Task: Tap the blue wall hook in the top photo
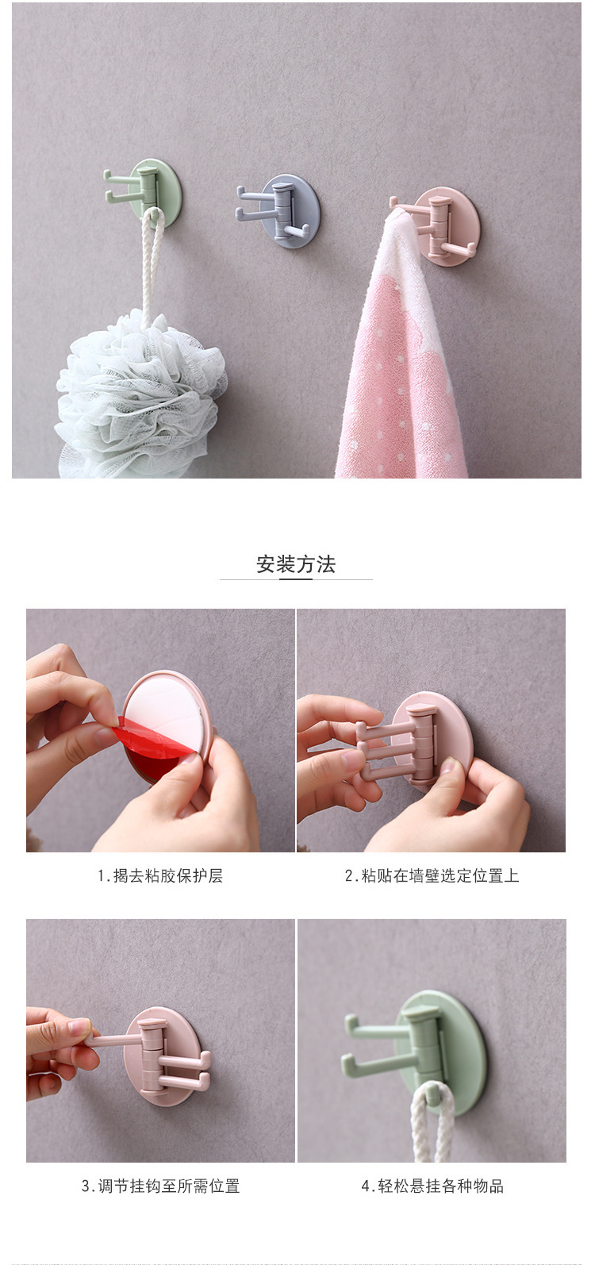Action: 286,211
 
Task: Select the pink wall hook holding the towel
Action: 444,225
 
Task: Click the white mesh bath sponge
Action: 139,393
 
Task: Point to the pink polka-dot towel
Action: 401,373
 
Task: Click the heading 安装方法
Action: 296,564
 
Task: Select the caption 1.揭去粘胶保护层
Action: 160,876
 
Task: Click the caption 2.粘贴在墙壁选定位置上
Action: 432,876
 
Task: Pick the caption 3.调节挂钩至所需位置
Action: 160,1186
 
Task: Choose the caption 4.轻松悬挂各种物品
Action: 432,1186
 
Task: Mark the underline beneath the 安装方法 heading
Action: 296,579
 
